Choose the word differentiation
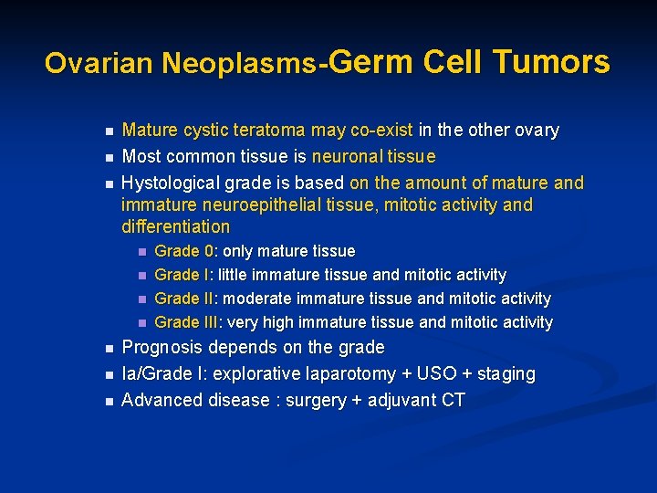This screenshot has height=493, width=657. point(175,226)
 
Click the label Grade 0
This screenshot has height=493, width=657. point(184,251)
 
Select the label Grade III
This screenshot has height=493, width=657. point(188,322)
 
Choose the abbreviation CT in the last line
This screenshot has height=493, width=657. point(454,400)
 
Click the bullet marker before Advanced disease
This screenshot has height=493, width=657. point(108,401)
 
